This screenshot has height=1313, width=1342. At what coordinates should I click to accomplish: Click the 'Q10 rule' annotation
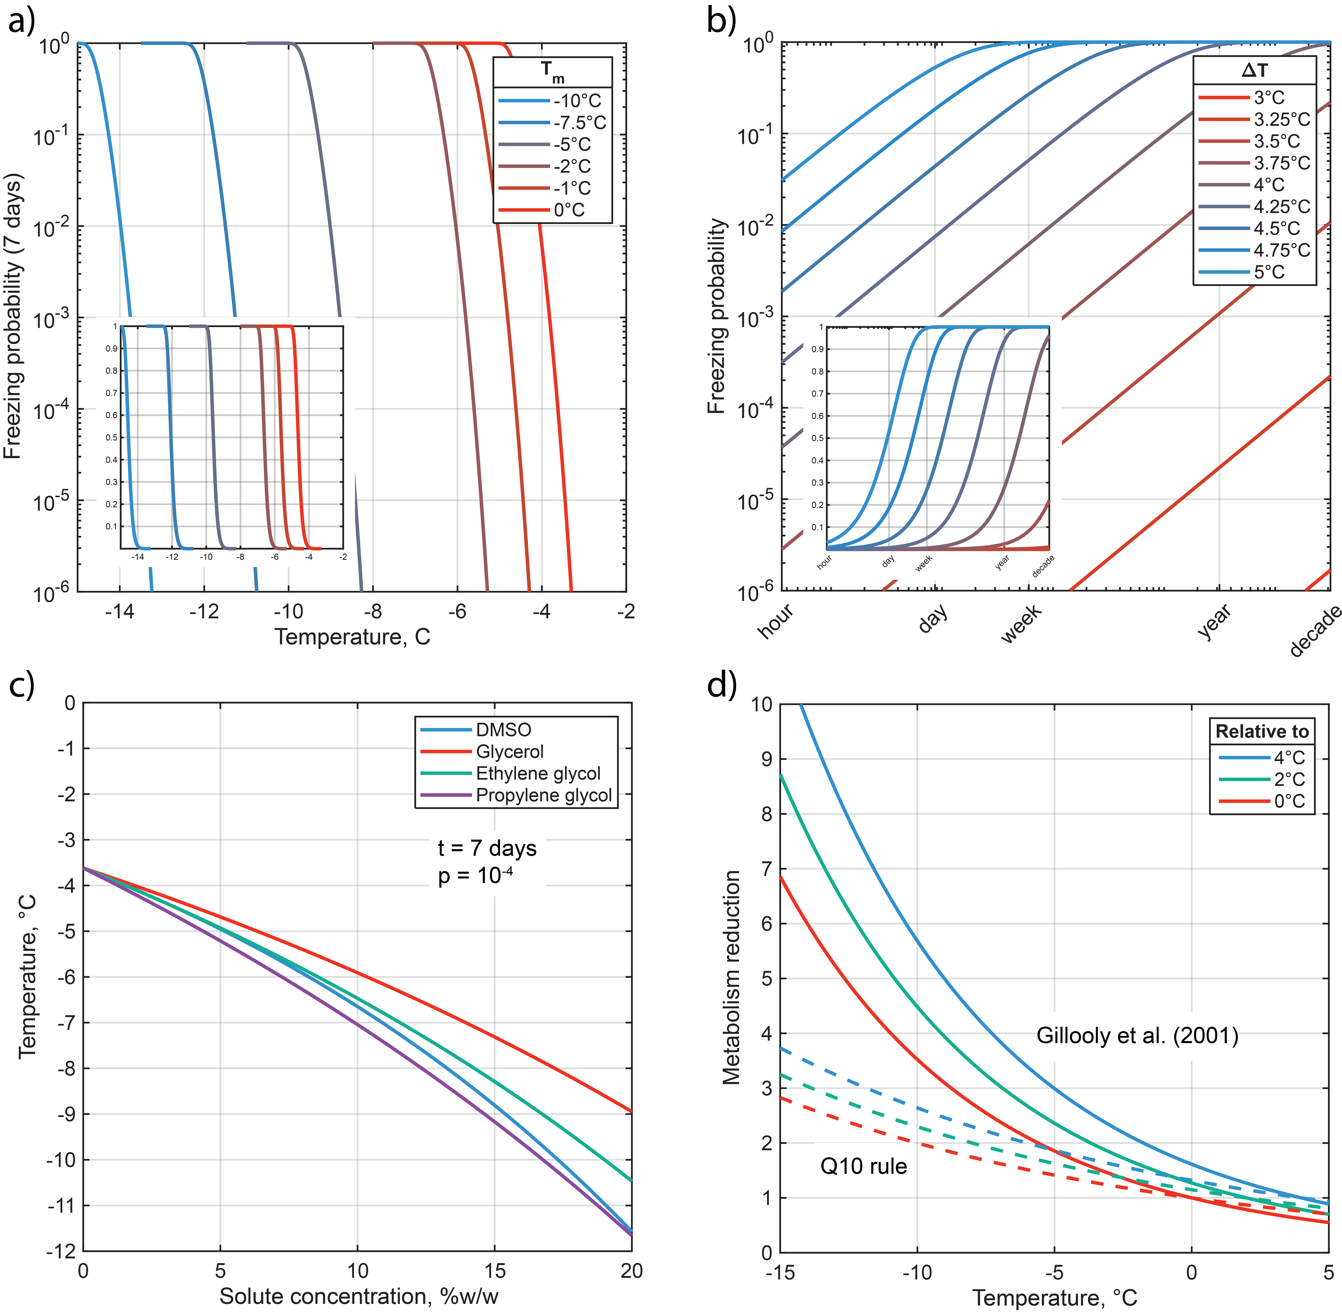(863, 1166)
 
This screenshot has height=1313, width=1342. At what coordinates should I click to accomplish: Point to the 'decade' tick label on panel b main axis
(1314, 631)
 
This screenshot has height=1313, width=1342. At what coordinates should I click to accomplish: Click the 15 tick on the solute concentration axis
(494, 1271)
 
